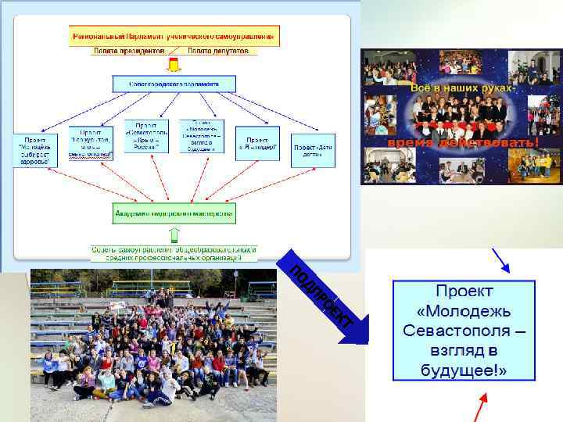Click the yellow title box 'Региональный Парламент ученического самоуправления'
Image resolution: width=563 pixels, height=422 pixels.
pyautogui.click(x=174, y=36)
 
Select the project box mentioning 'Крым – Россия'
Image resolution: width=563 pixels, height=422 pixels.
pyautogui.click(x=146, y=136)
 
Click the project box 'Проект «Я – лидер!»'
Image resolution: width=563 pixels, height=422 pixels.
pyautogui.click(x=257, y=143)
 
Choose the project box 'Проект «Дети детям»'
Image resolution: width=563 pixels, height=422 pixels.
pyautogui.click(x=314, y=149)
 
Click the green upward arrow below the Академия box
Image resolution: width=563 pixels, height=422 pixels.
pyautogui.click(x=175, y=234)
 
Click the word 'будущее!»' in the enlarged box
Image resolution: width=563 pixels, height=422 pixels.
pyautogui.click(x=464, y=369)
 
